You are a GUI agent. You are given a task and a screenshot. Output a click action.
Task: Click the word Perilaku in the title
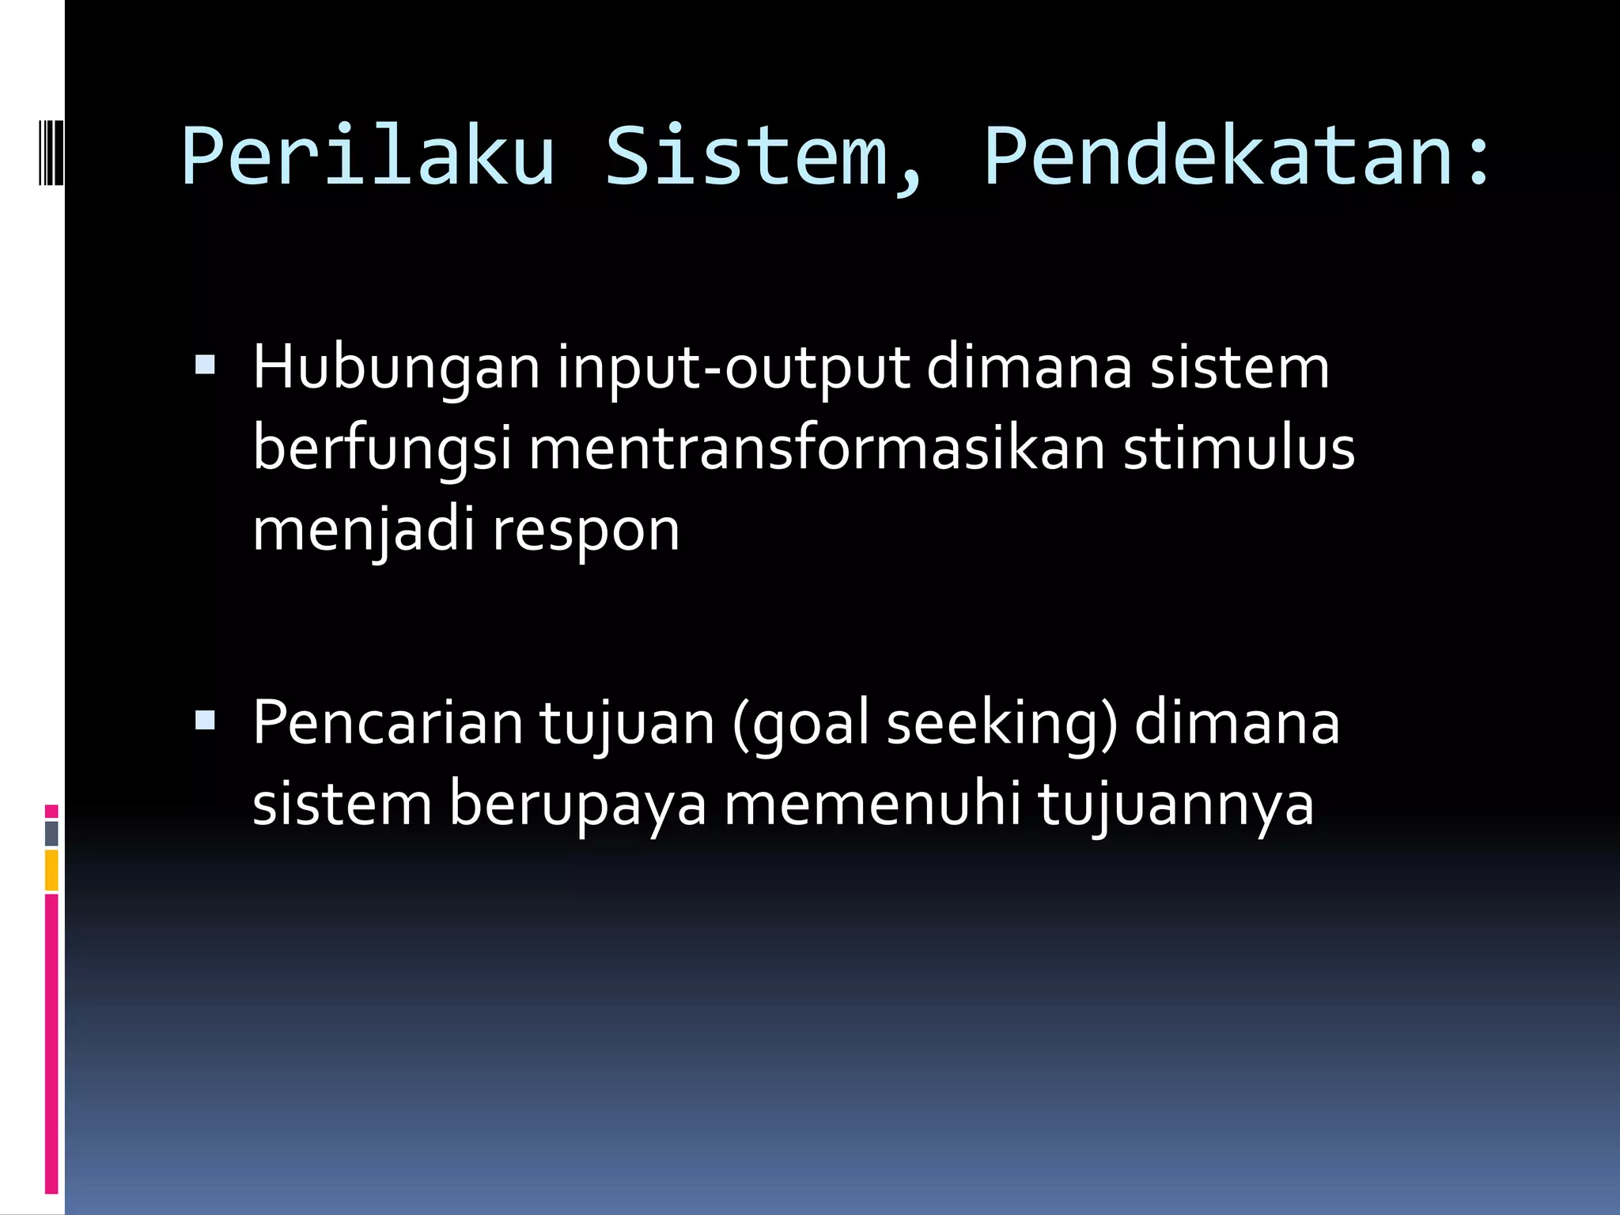[x=368, y=156]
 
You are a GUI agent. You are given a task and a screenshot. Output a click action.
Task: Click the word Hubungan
[x=396, y=369]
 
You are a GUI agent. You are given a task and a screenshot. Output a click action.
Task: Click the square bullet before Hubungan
[x=205, y=365]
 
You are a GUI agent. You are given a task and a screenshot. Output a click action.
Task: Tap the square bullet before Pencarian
[x=205, y=720]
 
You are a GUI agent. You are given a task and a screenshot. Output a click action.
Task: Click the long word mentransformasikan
[x=816, y=448]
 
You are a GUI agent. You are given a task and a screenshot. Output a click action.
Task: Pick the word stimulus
[x=1239, y=448]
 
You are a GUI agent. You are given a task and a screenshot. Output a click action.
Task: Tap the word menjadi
[x=363, y=530]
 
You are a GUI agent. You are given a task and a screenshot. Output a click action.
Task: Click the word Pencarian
[x=388, y=723]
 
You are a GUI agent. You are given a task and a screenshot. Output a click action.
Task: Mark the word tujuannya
[x=1175, y=805]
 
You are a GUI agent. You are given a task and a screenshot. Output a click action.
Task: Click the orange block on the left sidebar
[x=51, y=870]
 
